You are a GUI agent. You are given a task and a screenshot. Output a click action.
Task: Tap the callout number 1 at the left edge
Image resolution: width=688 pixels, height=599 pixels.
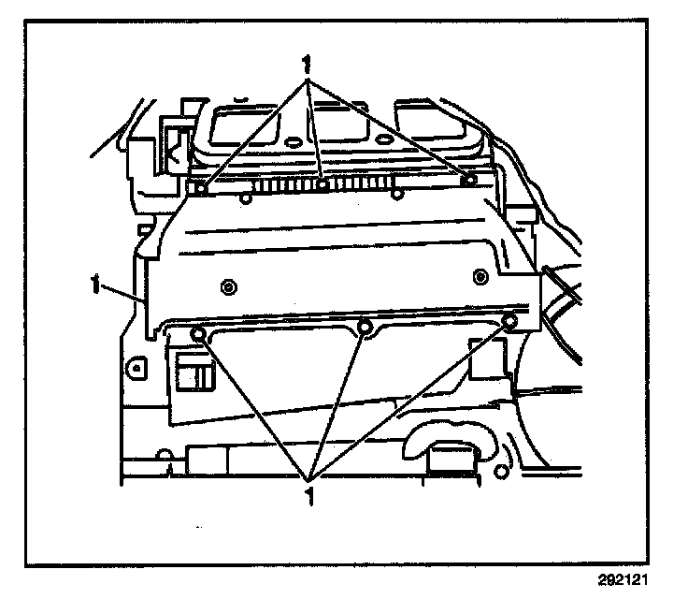[96, 279]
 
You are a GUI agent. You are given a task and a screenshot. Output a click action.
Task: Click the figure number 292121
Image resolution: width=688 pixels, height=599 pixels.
[623, 578]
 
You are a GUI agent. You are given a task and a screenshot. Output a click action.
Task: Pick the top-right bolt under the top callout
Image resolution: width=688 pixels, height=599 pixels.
[470, 179]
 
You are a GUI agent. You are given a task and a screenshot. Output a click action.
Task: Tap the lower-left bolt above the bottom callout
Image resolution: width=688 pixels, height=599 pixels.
[197, 335]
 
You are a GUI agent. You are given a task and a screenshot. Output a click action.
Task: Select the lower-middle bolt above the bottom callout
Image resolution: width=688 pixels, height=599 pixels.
[365, 327]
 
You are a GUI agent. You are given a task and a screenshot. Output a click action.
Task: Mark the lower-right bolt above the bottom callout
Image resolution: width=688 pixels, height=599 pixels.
[509, 323]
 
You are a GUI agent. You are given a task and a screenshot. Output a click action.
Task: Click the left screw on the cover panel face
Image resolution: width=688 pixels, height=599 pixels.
[227, 285]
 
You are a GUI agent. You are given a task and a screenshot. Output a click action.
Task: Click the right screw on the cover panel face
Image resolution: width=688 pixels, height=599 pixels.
[480, 275]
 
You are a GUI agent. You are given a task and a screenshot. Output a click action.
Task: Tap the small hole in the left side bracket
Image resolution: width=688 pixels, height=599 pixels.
[136, 367]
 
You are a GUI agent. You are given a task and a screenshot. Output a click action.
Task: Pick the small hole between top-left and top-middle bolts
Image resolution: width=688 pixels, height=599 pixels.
[244, 197]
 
